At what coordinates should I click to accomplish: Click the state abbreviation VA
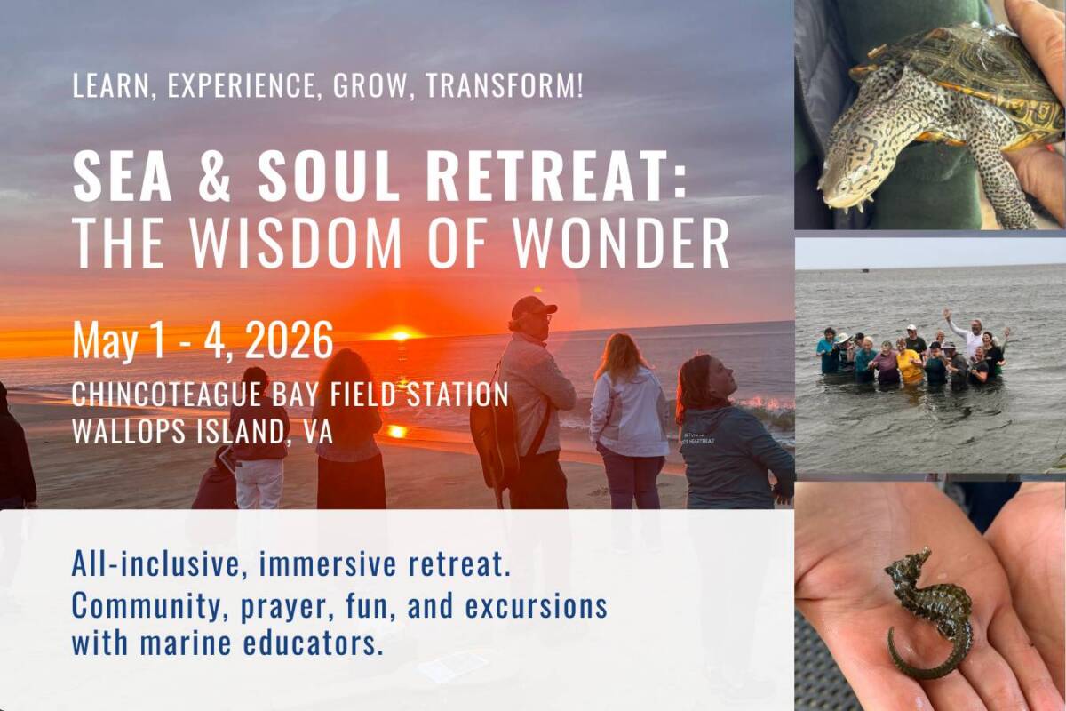pyautogui.click(x=316, y=432)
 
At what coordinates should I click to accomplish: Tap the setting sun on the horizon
pyautogui.click(x=399, y=334)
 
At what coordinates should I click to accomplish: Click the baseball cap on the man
pyautogui.click(x=533, y=307)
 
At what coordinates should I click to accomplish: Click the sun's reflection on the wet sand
pyautogui.click(x=396, y=431)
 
